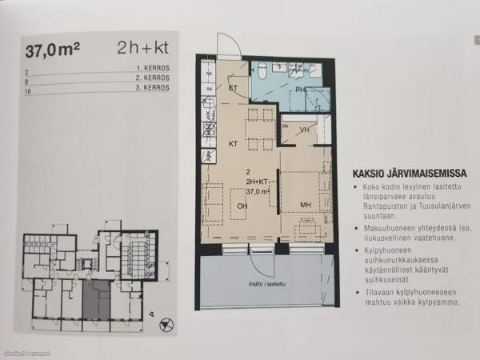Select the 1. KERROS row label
[x=152, y=73]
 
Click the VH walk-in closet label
[x=304, y=130]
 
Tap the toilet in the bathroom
[x=262, y=73]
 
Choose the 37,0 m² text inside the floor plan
[x=257, y=192]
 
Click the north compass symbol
[x=166, y=325]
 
